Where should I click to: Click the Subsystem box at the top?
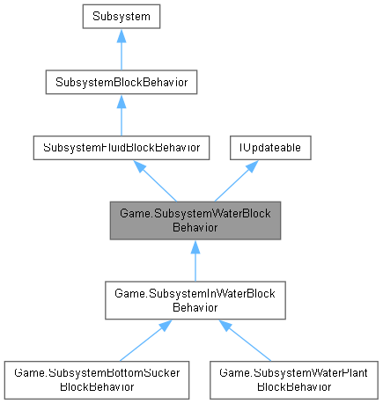121,15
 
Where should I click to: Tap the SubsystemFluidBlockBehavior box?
121,148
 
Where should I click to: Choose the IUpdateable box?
269,148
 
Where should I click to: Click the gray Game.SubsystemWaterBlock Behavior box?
195,220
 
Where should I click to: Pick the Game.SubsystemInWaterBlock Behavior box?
195,300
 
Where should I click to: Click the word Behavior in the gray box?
195,226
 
